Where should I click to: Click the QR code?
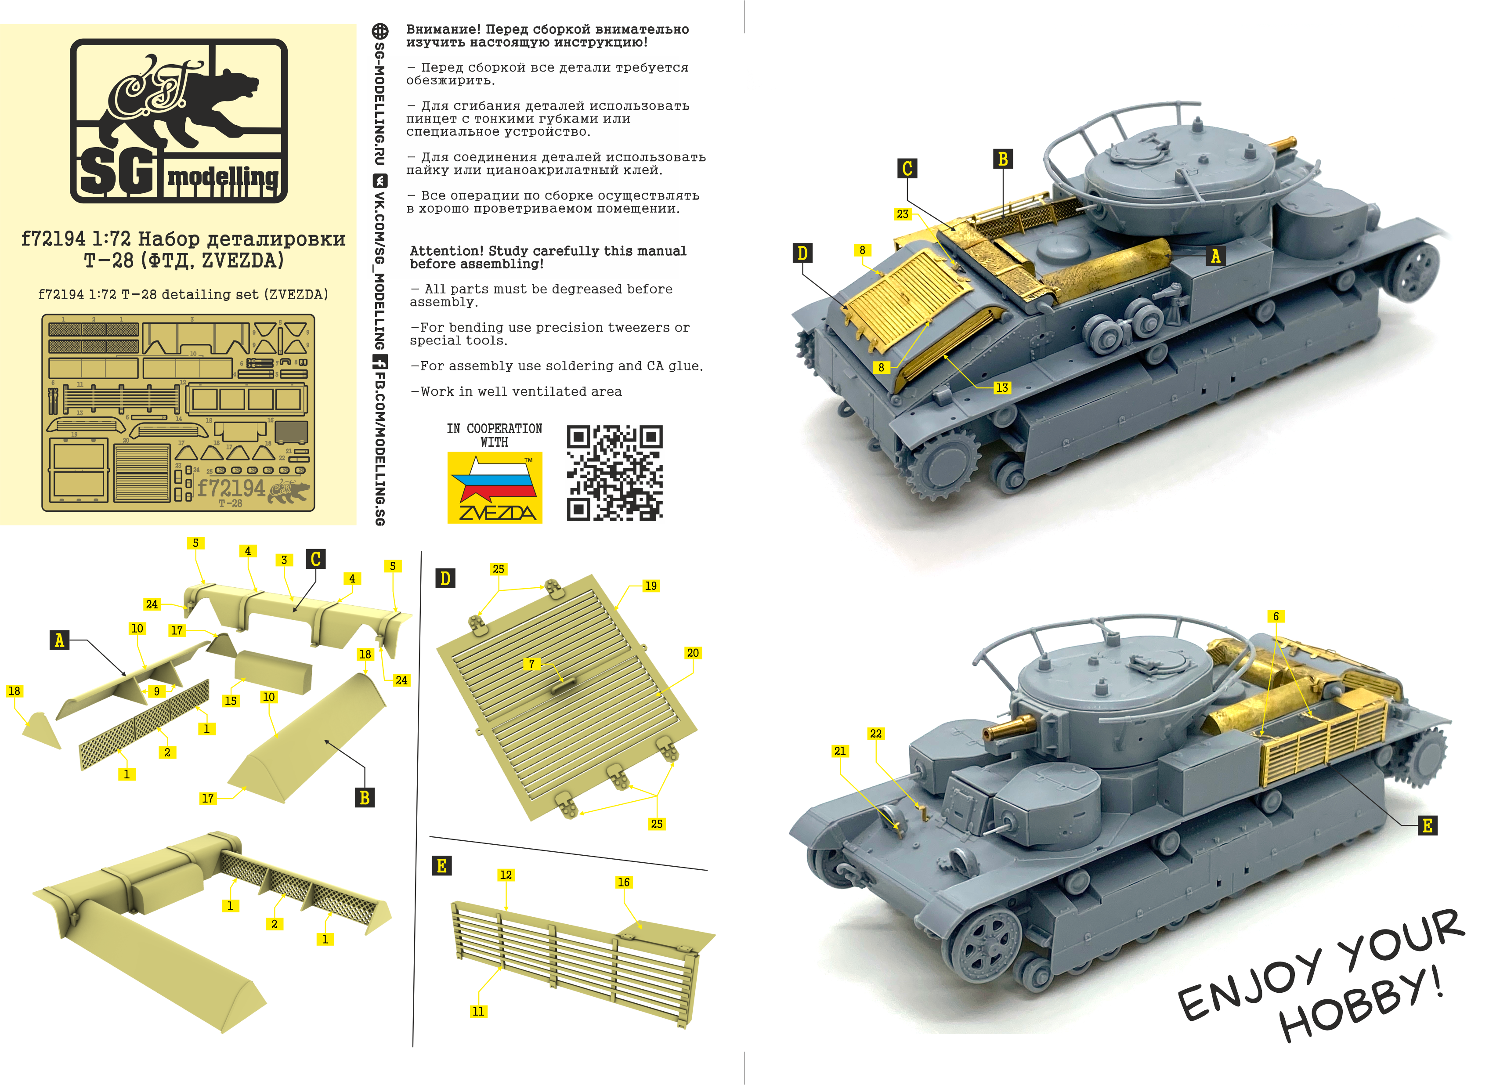click(614, 473)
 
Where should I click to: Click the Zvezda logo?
click(495, 487)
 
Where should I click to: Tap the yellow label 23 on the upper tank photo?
click(903, 214)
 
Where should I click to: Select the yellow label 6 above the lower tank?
click(1276, 616)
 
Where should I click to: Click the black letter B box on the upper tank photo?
click(1002, 159)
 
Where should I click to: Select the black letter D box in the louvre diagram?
click(445, 579)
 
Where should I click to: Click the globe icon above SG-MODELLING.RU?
click(379, 31)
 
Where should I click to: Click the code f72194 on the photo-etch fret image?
click(231, 488)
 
